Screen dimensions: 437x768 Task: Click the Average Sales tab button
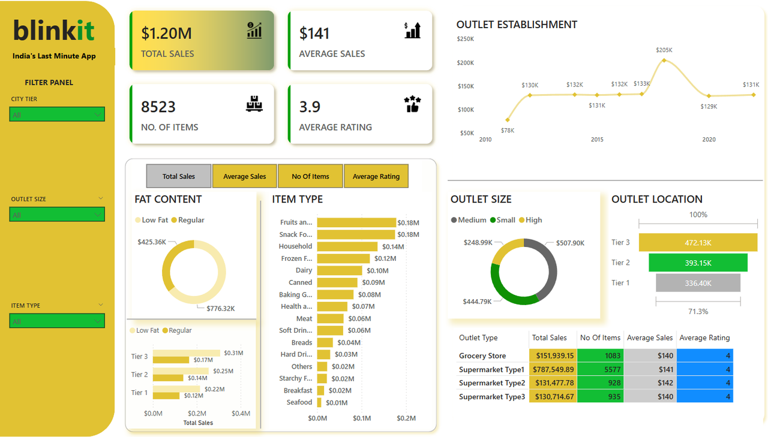(x=244, y=176)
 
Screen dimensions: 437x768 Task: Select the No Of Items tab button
(x=310, y=176)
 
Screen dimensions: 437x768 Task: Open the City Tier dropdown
(x=57, y=114)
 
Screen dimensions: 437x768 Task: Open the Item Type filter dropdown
(x=57, y=321)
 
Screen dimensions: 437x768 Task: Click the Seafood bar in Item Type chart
(x=319, y=402)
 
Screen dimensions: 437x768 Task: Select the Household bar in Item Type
(x=347, y=246)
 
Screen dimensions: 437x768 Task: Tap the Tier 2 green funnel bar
(x=698, y=263)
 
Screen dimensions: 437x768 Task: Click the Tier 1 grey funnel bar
(x=698, y=283)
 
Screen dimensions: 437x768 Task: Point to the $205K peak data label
(x=664, y=50)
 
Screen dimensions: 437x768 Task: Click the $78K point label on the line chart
(x=508, y=130)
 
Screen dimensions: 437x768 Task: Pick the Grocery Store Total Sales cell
(x=552, y=355)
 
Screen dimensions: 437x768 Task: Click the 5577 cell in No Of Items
(x=600, y=369)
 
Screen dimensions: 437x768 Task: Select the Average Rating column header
(x=704, y=337)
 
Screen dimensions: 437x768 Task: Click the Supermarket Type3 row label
(x=491, y=397)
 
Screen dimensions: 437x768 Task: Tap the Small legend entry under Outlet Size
(x=502, y=220)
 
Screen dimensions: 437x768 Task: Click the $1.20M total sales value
(x=166, y=34)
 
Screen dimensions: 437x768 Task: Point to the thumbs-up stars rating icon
(x=413, y=104)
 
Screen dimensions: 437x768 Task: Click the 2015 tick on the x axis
(x=597, y=140)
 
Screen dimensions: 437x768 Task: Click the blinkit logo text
(x=54, y=30)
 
